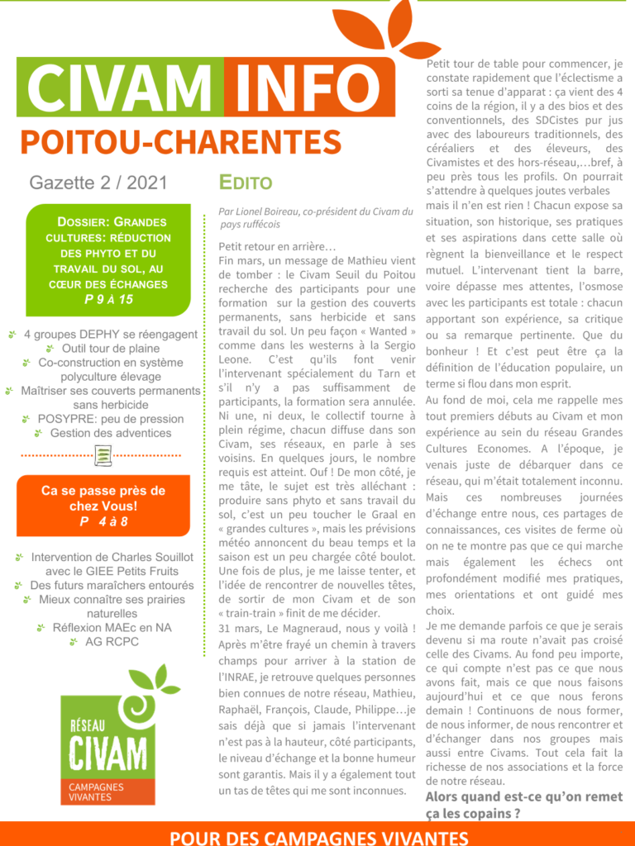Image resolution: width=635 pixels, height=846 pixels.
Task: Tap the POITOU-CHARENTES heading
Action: pos(180,141)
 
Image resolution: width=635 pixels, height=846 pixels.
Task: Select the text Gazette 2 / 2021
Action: pos(98,182)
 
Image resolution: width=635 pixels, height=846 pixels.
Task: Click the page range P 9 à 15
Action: pos(108,299)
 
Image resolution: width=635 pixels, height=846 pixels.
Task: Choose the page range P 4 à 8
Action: pos(103,522)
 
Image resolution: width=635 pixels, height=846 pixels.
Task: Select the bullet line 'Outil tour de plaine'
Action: pos(111,349)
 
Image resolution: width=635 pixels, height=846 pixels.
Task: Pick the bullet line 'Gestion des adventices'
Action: pos(111,433)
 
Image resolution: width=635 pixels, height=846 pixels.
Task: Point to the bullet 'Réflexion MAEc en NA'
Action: pos(112,627)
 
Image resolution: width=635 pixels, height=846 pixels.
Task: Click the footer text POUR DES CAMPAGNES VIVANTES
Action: pos(318,836)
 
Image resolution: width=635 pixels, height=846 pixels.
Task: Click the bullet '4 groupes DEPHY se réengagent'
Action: pos(110,335)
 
